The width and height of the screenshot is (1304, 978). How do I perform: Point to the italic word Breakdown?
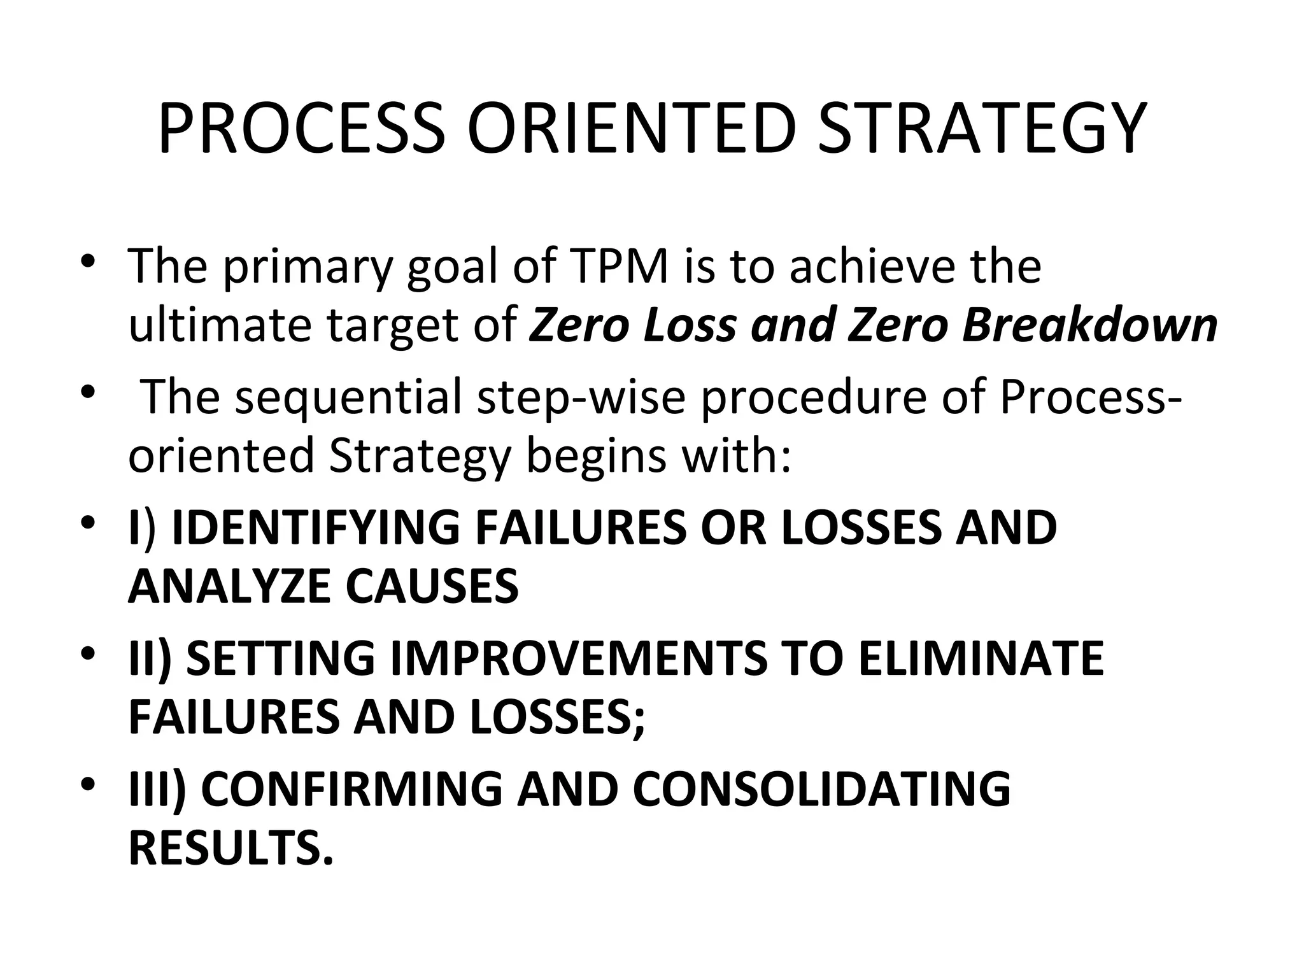click(1089, 325)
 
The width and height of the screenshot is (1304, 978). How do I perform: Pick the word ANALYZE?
click(229, 586)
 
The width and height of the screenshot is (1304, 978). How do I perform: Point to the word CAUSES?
click(432, 586)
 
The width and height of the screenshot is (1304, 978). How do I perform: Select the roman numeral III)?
click(157, 790)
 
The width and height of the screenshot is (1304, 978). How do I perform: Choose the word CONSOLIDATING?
click(821, 790)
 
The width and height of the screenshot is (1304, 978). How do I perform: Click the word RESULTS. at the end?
click(231, 848)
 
